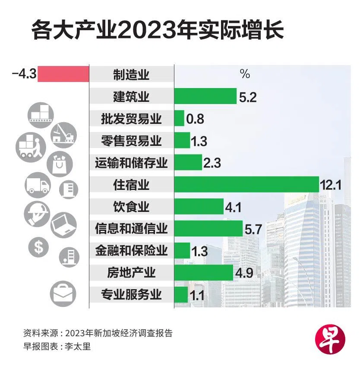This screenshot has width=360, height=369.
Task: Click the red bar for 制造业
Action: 63,74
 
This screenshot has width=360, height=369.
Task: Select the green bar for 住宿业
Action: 246,184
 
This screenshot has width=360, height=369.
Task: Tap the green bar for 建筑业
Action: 205,96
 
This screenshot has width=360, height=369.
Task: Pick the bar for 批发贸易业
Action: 179,118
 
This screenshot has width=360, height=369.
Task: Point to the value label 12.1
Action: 331,186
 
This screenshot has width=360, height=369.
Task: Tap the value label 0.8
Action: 195,119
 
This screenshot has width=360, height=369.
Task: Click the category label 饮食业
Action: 131,207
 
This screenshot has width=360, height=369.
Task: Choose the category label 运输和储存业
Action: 131,163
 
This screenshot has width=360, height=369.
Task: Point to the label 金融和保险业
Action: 131,251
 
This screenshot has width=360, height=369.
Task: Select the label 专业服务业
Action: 131,295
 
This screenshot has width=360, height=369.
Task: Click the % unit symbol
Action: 245,74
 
